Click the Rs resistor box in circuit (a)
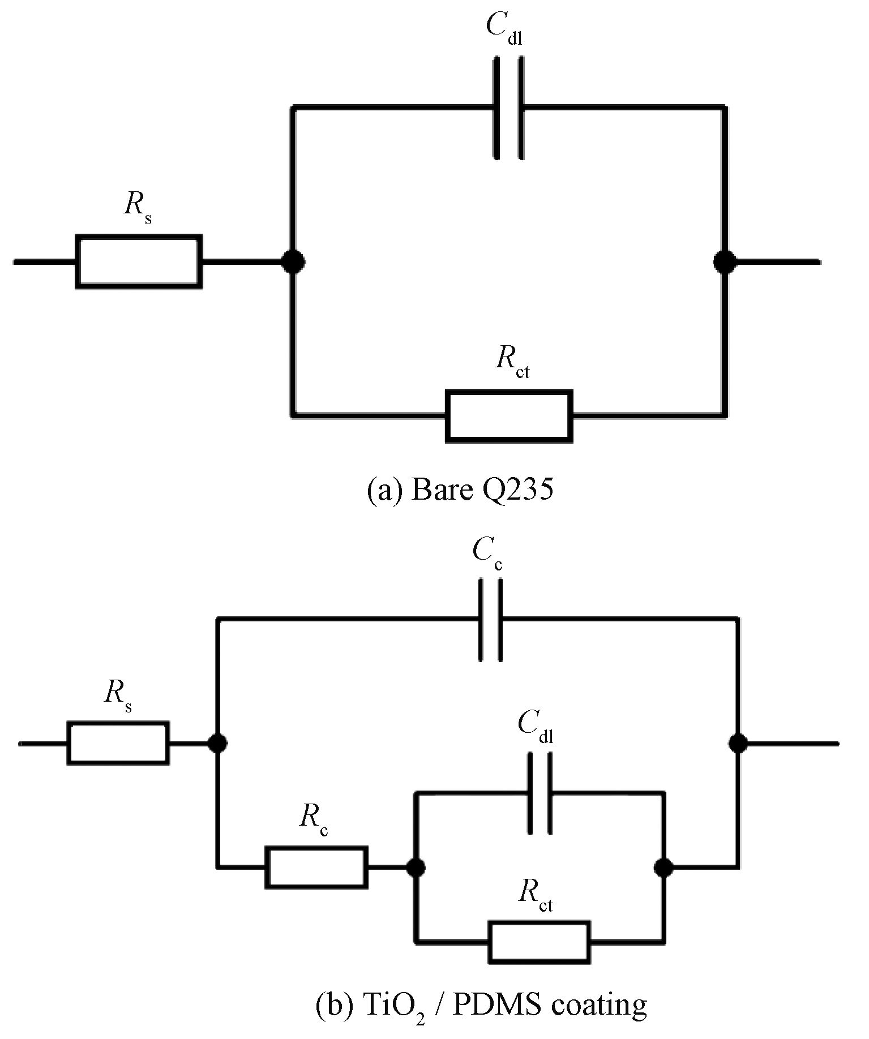[139, 261]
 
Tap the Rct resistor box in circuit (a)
[509, 416]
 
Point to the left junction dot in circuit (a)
[293, 261]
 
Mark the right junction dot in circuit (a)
[724, 261]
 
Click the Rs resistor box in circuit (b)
[118, 743]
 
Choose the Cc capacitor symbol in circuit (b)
[490, 620]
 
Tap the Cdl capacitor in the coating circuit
[540, 793]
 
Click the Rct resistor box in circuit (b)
[539, 942]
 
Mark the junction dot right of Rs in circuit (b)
[217, 743]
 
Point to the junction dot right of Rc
[416, 866]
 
